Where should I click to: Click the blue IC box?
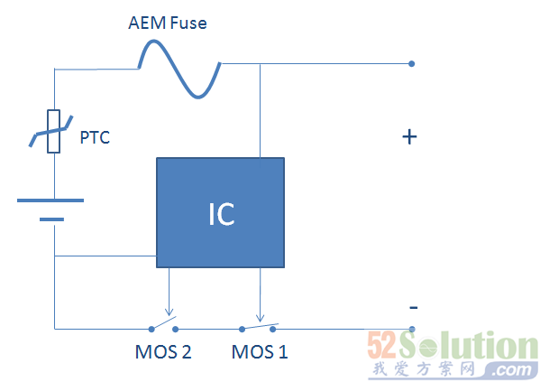coord(220,212)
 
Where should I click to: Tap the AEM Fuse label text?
coord(168,23)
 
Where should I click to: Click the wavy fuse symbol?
coord(179,69)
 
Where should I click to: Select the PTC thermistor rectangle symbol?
coord(54,131)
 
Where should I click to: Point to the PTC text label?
coord(95,137)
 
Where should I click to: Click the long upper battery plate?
coord(50,200)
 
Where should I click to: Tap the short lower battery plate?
coord(51,219)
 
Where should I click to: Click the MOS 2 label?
coord(163,352)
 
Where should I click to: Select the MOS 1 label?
coord(260,352)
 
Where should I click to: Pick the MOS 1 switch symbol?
coord(258,327)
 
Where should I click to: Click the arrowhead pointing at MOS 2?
coord(169,312)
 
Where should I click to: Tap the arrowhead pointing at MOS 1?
coord(261,318)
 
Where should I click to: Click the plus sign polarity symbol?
coord(409,137)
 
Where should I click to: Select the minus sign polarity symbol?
coord(414,307)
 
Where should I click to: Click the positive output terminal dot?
coord(412,63)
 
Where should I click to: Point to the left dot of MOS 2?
coord(151,330)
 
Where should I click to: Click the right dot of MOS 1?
coord(273,330)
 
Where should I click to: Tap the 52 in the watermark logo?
coord(382,345)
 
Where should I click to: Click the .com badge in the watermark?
coord(512,370)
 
